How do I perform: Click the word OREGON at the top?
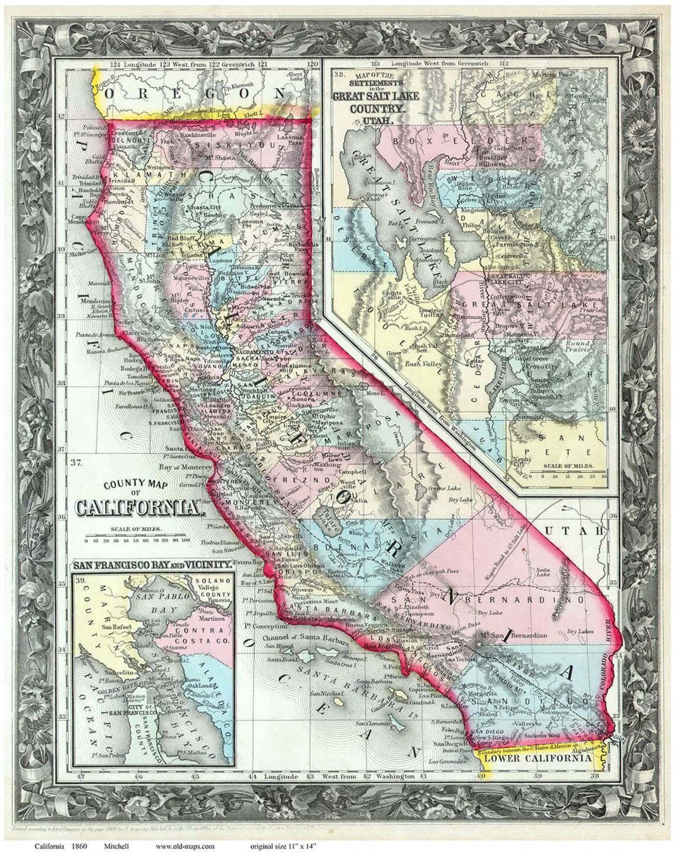point(195,94)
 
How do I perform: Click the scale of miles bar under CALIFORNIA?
point(137,539)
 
